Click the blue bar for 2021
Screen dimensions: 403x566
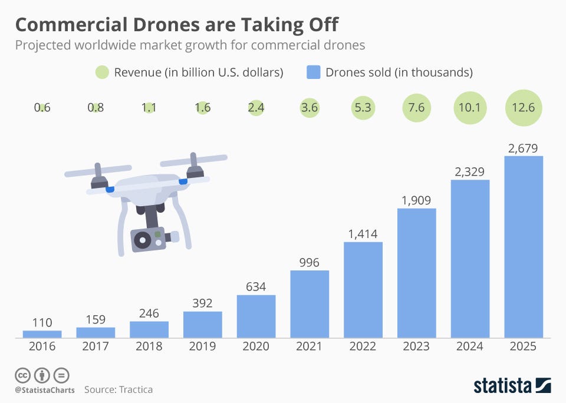[x=310, y=304]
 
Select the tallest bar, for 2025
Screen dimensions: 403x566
[x=524, y=247]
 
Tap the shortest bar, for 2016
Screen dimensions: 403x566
[x=42, y=334]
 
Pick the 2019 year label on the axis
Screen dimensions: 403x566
[x=202, y=346]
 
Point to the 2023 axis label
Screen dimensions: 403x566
[x=416, y=346]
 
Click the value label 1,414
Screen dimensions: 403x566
[x=363, y=234]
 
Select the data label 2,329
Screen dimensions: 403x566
[x=470, y=172]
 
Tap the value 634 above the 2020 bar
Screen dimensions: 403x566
[x=256, y=287]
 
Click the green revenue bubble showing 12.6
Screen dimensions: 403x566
[x=524, y=108]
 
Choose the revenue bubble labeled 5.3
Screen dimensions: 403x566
[x=363, y=108]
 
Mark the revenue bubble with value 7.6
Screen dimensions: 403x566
[x=416, y=108]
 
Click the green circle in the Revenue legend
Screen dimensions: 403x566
[x=101, y=72]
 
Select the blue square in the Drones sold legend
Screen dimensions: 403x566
[x=314, y=72]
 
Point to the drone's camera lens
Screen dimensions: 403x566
[x=141, y=240]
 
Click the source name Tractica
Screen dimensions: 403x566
[x=136, y=389]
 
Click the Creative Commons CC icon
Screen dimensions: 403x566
[x=22, y=375]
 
